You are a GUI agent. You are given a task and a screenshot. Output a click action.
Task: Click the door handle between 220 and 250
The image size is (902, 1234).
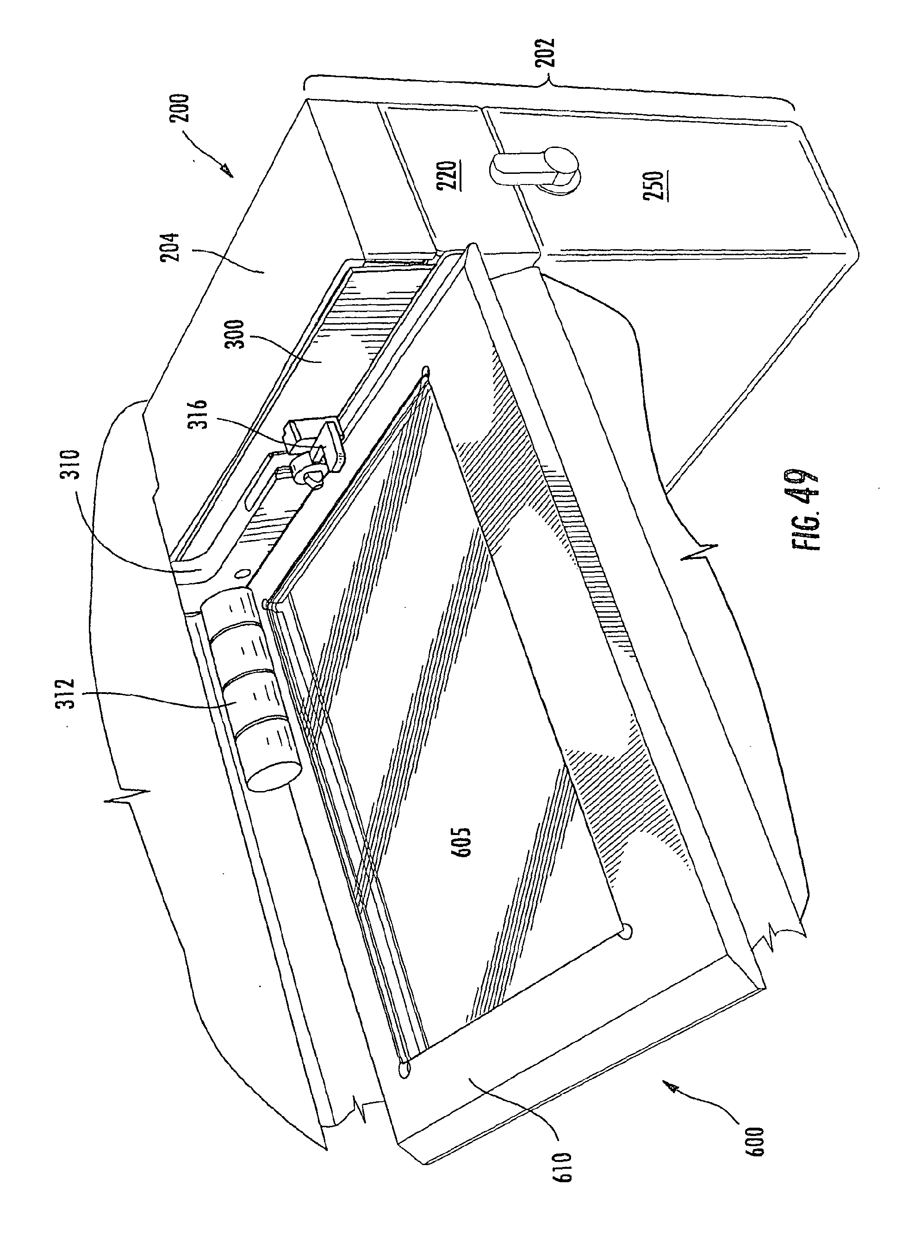pos(538,169)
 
